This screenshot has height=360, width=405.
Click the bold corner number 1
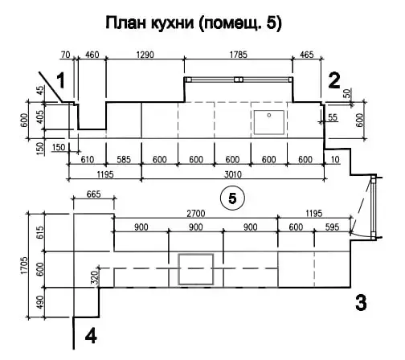click(59, 81)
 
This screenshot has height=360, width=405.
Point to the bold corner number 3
click(361, 303)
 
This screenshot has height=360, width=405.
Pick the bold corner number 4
click(91, 334)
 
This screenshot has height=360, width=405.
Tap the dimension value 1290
click(145, 55)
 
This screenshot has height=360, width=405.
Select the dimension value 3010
click(234, 174)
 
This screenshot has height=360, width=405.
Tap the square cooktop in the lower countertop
click(196, 268)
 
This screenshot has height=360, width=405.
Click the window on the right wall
click(373, 207)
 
